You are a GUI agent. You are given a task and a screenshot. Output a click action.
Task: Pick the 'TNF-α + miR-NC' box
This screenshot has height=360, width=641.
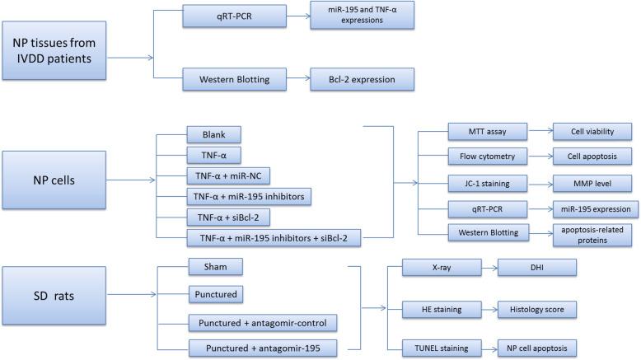[x=227, y=175]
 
